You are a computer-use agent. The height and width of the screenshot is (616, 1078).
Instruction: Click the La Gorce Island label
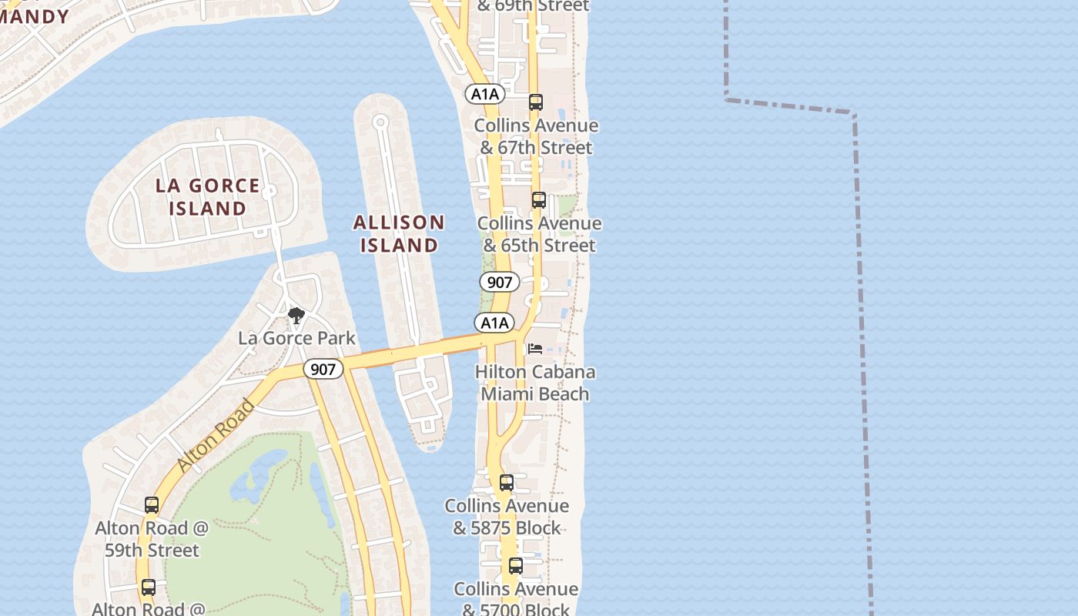pyautogui.click(x=208, y=197)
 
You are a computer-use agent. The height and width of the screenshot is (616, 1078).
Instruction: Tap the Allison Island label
pyautogui.click(x=399, y=234)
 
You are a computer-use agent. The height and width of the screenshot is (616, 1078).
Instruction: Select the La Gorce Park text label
pyautogui.click(x=296, y=338)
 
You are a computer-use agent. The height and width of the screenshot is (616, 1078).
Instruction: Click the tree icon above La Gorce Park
pyautogui.click(x=296, y=315)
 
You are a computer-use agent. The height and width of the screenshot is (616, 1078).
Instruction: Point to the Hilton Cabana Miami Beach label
pyautogui.click(x=535, y=383)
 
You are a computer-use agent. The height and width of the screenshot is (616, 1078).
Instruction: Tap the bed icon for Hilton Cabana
pyautogui.click(x=535, y=349)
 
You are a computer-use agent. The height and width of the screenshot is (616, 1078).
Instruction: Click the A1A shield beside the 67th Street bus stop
pyautogui.click(x=485, y=94)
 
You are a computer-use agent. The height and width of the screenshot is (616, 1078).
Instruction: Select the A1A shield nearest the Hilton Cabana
pyautogui.click(x=494, y=323)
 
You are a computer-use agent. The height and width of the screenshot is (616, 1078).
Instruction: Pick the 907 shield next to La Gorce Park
pyautogui.click(x=323, y=369)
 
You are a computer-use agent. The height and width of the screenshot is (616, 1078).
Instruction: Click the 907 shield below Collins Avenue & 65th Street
pyautogui.click(x=500, y=282)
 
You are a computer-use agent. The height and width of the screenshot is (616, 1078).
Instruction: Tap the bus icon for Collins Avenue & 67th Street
pyautogui.click(x=536, y=102)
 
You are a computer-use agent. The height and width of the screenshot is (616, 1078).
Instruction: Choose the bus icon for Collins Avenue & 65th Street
pyautogui.click(x=539, y=200)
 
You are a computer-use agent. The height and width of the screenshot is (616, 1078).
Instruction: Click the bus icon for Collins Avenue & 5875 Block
pyautogui.click(x=507, y=483)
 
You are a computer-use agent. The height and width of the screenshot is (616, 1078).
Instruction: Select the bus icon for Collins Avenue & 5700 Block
pyautogui.click(x=516, y=566)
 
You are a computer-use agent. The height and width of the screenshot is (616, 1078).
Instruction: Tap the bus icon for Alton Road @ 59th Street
pyautogui.click(x=152, y=505)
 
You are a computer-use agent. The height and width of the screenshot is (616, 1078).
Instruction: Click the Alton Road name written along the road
pyautogui.click(x=216, y=435)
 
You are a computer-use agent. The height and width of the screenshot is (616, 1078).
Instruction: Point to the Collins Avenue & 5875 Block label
pyautogui.click(x=507, y=517)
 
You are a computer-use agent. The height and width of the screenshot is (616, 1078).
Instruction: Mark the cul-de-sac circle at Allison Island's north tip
pyautogui.click(x=380, y=122)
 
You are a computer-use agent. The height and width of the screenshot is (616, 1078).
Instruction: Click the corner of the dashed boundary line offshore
pyautogui.click(x=853, y=115)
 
